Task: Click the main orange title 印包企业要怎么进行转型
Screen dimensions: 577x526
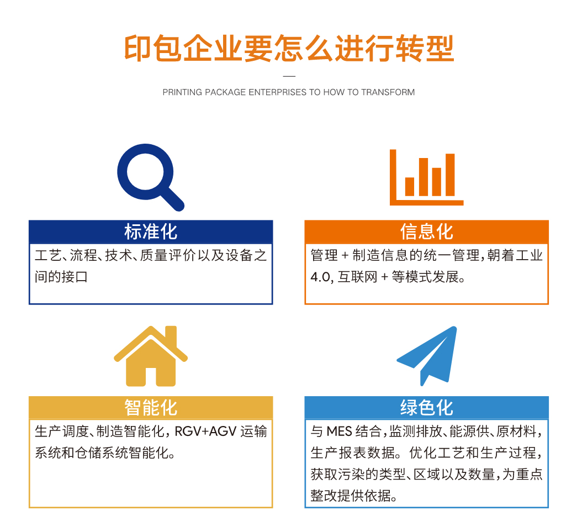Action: (289, 48)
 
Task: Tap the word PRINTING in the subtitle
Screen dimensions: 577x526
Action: (183, 92)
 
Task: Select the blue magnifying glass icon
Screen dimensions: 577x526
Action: (151, 177)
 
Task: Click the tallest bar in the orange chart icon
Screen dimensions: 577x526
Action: (450, 175)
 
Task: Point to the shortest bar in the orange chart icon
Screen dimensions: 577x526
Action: (410, 186)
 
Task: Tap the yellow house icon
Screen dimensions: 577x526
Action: (151, 356)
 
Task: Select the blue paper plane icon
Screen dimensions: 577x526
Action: (427, 356)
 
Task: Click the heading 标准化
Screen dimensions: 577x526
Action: (151, 232)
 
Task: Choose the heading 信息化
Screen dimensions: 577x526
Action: (426, 232)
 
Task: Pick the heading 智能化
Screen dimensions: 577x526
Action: (151, 408)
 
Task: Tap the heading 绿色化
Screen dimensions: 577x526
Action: (426, 408)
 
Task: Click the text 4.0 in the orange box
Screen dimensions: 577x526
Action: (321, 277)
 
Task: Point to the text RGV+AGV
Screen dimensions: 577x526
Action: (205, 432)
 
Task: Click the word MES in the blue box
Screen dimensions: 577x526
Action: (339, 432)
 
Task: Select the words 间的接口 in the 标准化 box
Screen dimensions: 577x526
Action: (61, 277)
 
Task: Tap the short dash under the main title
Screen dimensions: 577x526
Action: (289, 76)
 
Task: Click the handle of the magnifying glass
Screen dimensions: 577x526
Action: (172, 199)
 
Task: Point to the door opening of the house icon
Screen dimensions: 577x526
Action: (151, 377)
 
